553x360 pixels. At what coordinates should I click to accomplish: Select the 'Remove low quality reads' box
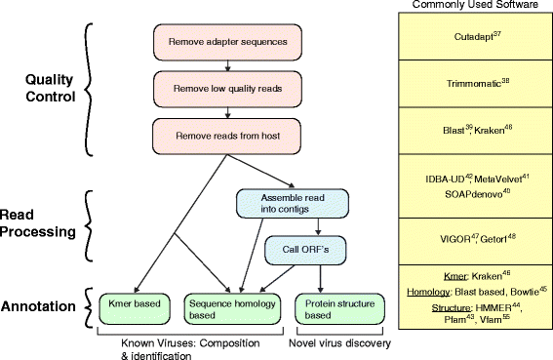(226, 89)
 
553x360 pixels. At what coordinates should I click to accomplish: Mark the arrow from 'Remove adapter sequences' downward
(226, 63)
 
